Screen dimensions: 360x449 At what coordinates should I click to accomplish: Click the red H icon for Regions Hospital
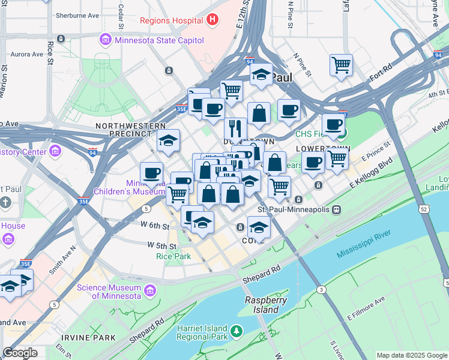point(211,20)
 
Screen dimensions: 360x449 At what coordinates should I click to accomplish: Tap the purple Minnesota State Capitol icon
point(106,40)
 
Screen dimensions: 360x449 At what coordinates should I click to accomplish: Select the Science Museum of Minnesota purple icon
point(149,292)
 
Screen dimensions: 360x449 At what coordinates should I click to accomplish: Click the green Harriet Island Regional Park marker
point(237,331)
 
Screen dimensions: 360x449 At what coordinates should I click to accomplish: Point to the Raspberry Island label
point(265,305)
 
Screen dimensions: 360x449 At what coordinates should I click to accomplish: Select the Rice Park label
point(173,256)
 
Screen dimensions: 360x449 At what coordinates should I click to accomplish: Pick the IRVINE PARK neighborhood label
point(92,338)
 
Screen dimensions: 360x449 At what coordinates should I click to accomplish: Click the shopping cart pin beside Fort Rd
point(341,64)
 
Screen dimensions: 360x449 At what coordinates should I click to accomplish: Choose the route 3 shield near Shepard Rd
point(322,290)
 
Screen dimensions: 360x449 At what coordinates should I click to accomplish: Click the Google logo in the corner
point(20,353)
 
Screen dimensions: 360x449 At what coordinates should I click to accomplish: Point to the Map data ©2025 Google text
point(411,355)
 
